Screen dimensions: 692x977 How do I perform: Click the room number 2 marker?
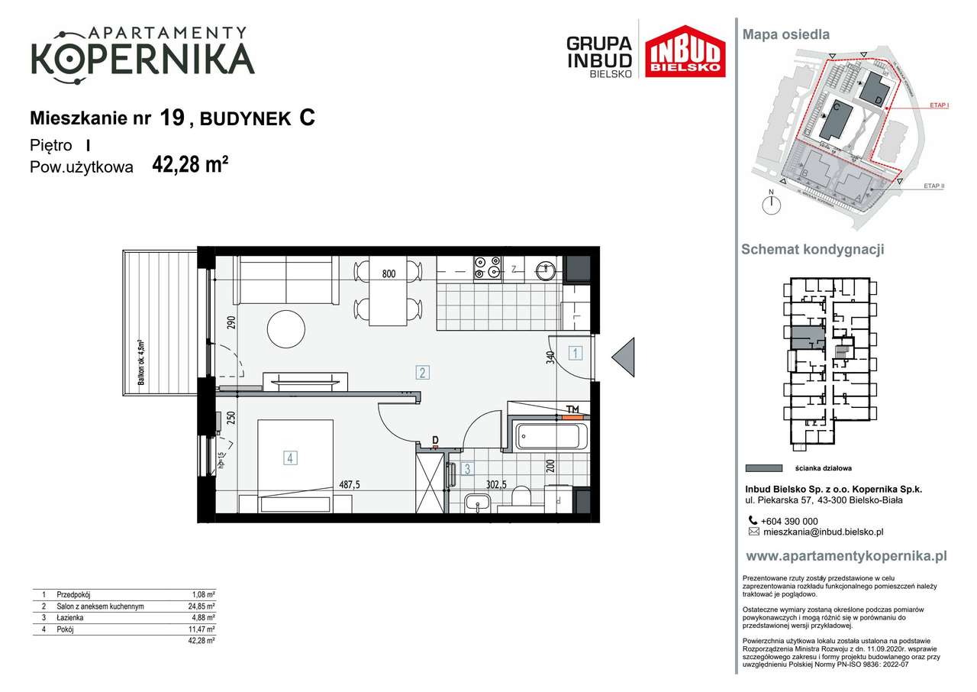point(421,373)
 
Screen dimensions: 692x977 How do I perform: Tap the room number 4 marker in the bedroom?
point(290,458)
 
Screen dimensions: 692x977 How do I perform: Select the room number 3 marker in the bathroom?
point(469,470)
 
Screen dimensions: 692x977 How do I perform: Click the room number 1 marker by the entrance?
point(576,353)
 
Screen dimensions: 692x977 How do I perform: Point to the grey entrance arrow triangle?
point(624,357)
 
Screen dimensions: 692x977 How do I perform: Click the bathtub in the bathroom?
point(552,437)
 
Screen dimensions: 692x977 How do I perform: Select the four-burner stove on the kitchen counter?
point(486,267)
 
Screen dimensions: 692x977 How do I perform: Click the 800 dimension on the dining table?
point(389,273)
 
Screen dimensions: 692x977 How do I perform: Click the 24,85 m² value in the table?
point(202,606)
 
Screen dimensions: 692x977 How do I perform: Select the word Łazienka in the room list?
point(72,617)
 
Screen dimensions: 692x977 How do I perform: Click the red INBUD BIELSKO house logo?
point(685,52)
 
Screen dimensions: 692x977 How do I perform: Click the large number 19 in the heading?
point(173,118)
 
